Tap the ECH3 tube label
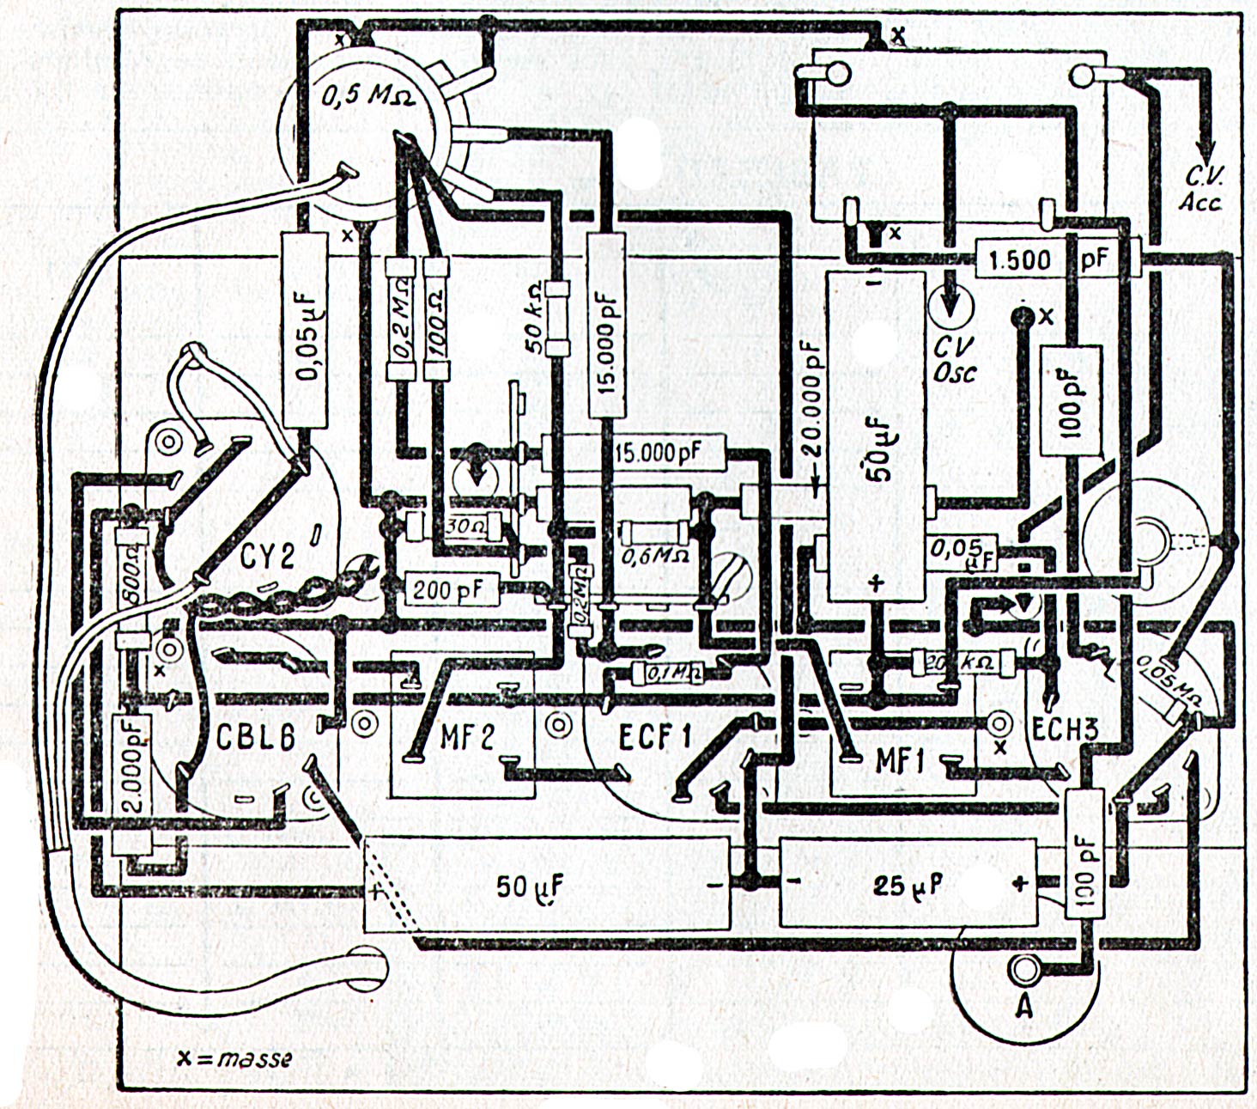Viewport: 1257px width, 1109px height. tap(1065, 730)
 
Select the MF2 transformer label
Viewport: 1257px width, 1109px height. tap(467, 737)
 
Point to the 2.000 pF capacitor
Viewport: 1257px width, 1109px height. tap(131, 765)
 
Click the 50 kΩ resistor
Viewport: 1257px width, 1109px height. tap(558, 318)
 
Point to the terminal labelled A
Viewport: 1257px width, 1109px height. tap(1023, 971)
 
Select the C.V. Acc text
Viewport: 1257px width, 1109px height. tap(1201, 189)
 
